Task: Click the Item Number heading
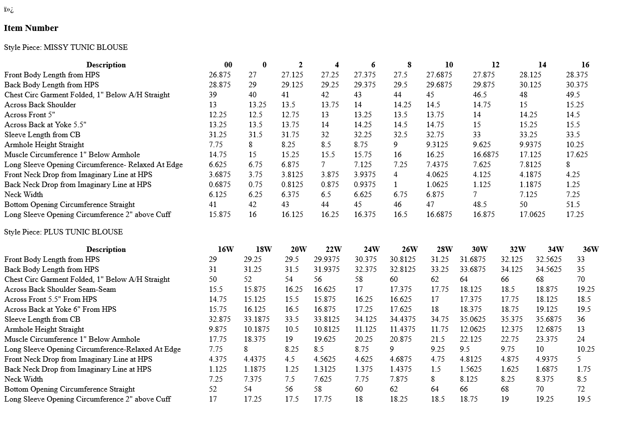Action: tap(31, 28)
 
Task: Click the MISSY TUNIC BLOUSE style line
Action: tap(66, 47)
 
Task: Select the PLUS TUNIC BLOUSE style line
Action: tap(63, 232)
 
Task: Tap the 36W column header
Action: tap(591, 249)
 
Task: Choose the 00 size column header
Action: tap(228, 65)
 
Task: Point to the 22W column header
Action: tap(333, 249)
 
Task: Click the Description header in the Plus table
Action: tap(106, 249)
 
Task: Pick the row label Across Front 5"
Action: tap(29, 115)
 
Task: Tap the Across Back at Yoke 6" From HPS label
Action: tap(60, 309)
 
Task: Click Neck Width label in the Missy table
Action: tap(23, 195)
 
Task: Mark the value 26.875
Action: tap(220, 75)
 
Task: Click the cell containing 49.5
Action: tap(573, 95)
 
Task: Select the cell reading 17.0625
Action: tap(532, 215)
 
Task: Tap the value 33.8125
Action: tap(326, 319)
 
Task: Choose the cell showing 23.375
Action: tap(547, 339)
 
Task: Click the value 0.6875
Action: tap(220, 185)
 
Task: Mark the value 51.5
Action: tap(573, 205)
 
